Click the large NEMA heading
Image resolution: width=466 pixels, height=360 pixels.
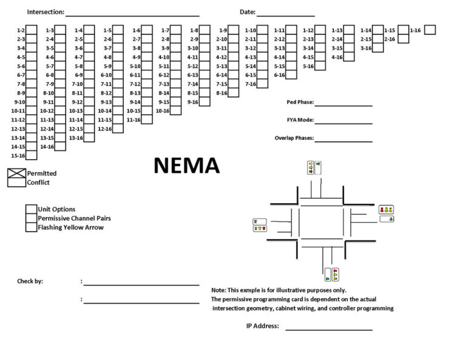pyautogui.click(x=186, y=166)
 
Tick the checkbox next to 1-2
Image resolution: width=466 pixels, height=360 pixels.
pyautogui.click(x=32, y=30)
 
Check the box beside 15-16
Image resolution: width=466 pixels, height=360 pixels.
pyautogui.click(x=32, y=155)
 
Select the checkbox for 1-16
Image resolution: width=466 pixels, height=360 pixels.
pyautogui.click(x=430, y=30)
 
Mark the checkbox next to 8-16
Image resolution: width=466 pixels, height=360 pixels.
pyautogui.click(x=234, y=93)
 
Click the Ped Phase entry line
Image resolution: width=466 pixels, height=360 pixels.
pyautogui.click(x=343, y=104)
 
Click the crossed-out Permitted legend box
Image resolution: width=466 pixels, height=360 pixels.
pyautogui.click(x=16, y=173)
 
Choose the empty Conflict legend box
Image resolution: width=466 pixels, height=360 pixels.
pyautogui.click(x=16, y=182)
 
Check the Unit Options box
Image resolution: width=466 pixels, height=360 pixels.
pyautogui.click(x=31, y=209)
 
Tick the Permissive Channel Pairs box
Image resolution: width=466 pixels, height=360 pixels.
pyautogui.click(x=31, y=218)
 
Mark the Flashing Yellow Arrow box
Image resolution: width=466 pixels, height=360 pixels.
pyautogui.click(x=31, y=227)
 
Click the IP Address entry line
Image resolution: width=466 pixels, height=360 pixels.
pyautogui.click(x=328, y=329)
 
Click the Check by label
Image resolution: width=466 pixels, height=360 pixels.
pyautogui.click(x=30, y=281)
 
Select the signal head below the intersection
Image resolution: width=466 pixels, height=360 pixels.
pyautogui.click(x=331, y=274)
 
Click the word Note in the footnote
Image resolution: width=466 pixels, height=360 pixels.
pyautogui.click(x=218, y=290)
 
